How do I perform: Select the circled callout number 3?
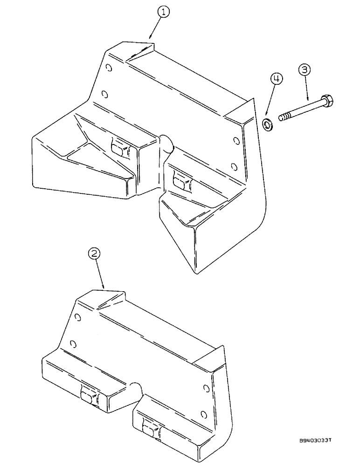pos(304,70)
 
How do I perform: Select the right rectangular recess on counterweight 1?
pos(180,180)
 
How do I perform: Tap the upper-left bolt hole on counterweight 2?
pos(77,317)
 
